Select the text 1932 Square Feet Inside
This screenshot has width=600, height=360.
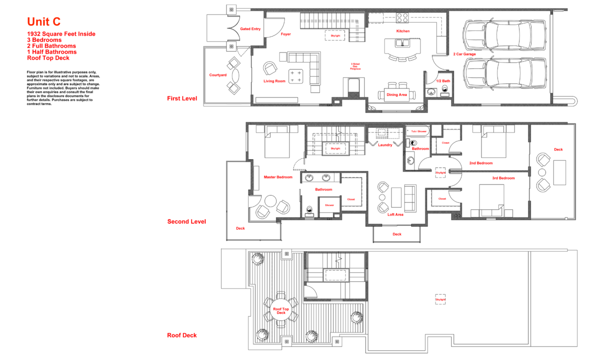[61, 34]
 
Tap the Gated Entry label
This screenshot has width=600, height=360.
[250, 29]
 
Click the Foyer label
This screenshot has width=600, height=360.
[285, 34]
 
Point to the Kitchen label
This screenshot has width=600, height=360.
[403, 31]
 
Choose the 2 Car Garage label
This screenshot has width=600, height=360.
[464, 54]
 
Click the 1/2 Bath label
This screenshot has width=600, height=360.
[442, 81]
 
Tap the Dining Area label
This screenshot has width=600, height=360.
[396, 94]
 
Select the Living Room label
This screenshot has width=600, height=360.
[274, 81]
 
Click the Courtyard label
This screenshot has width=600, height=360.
[217, 75]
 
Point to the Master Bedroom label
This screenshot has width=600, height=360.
[278, 177]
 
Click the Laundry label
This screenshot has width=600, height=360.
[385, 145]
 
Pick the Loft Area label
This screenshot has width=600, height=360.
[395, 214]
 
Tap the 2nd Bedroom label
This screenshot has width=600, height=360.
[481, 163]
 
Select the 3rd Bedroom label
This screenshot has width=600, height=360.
[503, 178]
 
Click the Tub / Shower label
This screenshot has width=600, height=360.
[419, 131]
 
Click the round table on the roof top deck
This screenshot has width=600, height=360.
[281, 310]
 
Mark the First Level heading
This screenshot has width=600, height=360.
[182, 98]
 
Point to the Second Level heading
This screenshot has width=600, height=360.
[186, 221]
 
